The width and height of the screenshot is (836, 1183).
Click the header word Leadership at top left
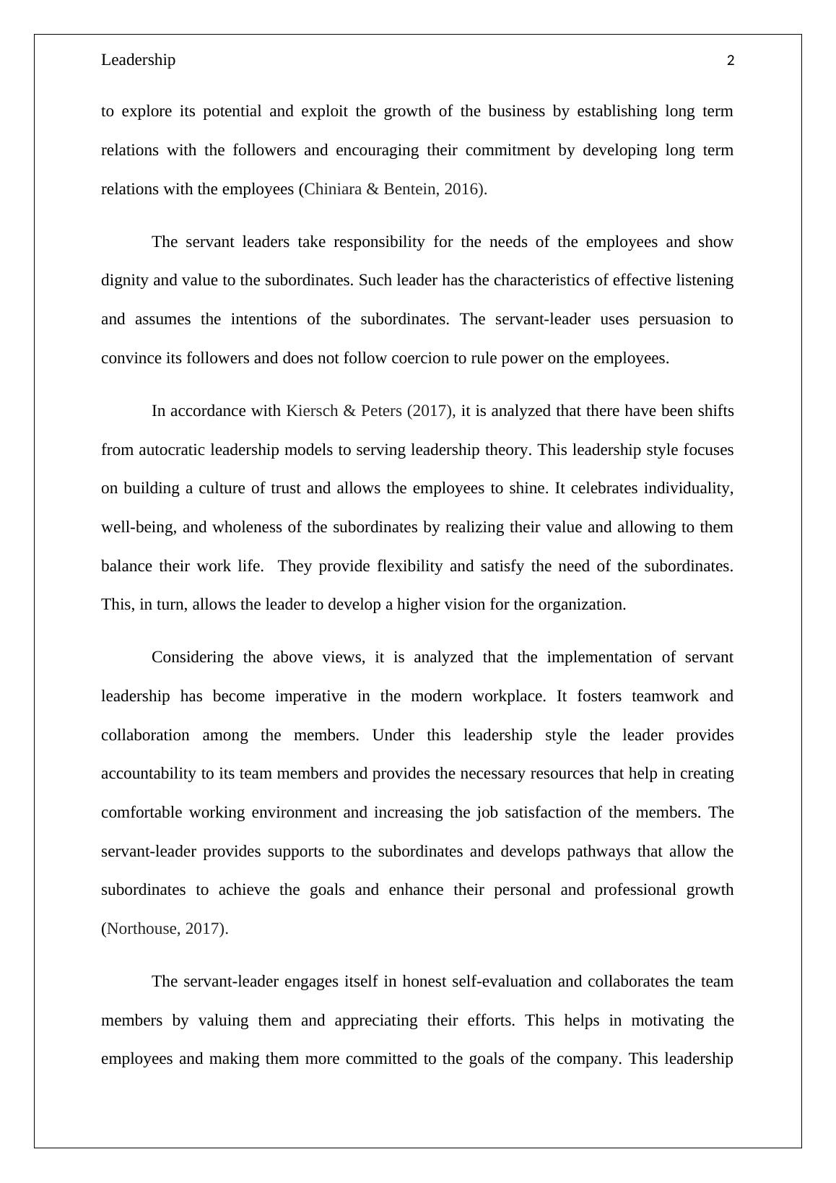pos(138,60)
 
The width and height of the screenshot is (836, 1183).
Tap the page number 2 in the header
pos(731,61)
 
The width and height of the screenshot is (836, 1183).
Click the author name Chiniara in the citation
pos(333,189)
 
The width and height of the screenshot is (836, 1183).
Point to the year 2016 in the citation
pos(462,189)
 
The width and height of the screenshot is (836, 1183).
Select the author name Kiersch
pos(311,411)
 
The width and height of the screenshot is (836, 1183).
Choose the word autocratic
pos(171,450)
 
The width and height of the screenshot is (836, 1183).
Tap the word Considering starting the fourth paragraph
pos(193,657)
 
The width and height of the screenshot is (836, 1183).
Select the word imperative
pos(308,696)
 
